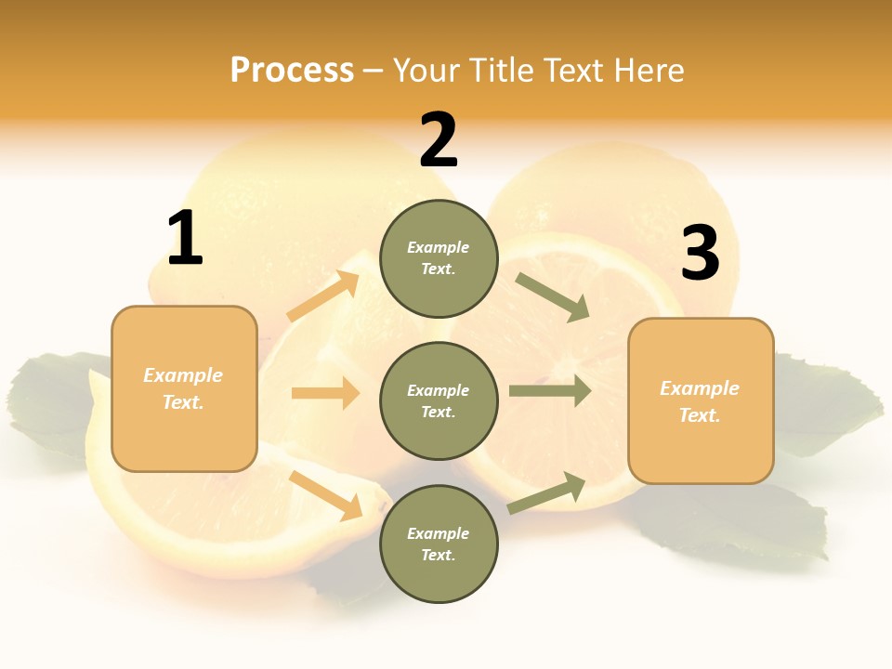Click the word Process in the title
click(292, 71)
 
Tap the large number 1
click(185, 239)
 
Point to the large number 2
click(439, 141)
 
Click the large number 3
click(700, 254)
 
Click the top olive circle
click(439, 258)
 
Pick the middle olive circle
click(439, 400)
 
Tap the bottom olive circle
click(439, 544)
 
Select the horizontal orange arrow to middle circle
click(325, 393)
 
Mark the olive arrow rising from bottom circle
click(547, 492)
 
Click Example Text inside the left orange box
click(183, 388)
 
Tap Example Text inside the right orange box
click(700, 401)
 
